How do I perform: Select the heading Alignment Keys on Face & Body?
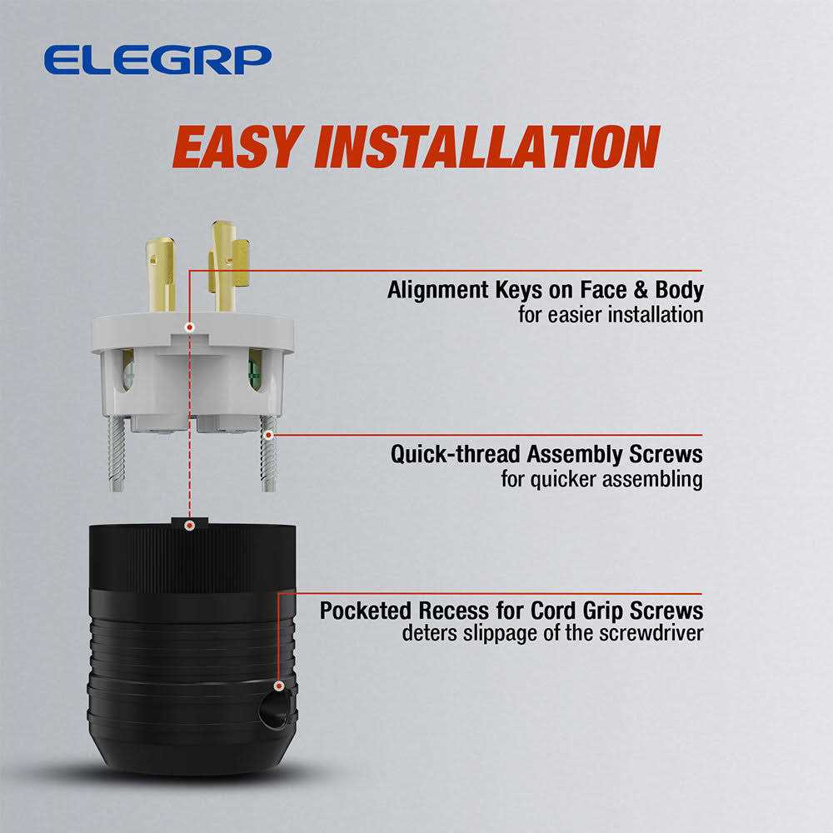545,291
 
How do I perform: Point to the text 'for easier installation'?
610,316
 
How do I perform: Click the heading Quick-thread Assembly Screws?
546,455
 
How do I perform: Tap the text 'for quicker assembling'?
601,480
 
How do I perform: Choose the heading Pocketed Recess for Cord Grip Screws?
511,611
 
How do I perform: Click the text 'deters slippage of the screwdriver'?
552,634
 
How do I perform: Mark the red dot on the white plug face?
191,327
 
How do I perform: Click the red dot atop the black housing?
191,526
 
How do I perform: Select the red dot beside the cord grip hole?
278,686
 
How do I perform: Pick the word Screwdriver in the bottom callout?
655,634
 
